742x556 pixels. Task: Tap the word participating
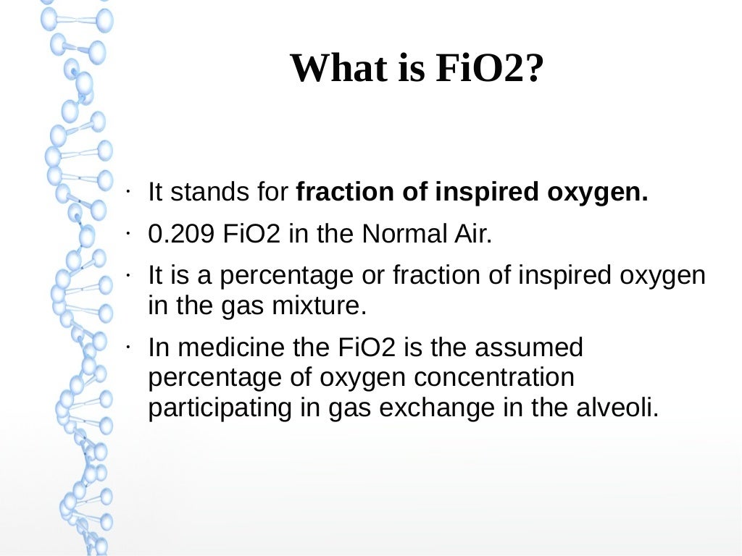point(220,408)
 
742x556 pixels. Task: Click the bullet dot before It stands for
point(127,191)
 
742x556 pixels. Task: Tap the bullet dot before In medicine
point(127,347)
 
